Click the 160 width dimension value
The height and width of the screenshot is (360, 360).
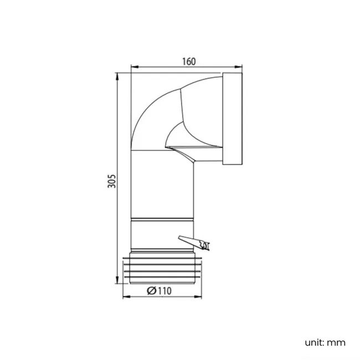click(x=189, y=61)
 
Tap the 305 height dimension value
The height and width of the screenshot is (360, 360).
click(x=111, y=181)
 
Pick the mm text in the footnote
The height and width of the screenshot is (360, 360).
click(x=336, y=342)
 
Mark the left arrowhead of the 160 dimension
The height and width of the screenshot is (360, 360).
click(x=133, y=69)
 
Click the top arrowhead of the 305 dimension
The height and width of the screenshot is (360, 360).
click(x=118, y=75)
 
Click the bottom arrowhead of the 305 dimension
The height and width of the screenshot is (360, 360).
click(x=118, y=281)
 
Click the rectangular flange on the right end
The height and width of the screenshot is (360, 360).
click(x=232, y=119)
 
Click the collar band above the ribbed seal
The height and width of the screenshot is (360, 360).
click(x=162, y=235)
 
